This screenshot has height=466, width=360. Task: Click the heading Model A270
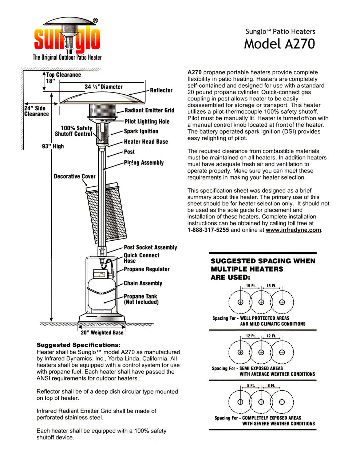click(x=279, y=44)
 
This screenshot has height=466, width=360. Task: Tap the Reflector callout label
click(x=161, y=90)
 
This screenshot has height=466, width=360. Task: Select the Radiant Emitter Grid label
click(x=149, y=110)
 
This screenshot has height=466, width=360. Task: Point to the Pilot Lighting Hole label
click(x=147, y=122)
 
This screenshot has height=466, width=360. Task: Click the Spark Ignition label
click(x=141, y=131)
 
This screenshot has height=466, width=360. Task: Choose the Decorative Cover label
click(x=75, y=177)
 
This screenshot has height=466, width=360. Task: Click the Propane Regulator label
click(x=147, y=269)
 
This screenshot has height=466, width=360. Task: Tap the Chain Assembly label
click(x=143, y=283)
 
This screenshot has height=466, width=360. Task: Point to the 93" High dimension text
click(x=53, y=146)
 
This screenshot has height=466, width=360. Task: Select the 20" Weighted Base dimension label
click(x=102, y=333)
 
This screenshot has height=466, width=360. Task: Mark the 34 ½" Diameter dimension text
click(x=103, y=87)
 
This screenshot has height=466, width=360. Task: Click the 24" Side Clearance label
click(x=36, y=111)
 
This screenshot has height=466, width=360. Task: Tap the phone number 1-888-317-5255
click(x=208, y=230)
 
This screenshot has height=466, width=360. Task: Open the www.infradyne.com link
click(x=293, y=230)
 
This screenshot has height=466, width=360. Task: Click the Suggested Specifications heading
click(x=78, y=345)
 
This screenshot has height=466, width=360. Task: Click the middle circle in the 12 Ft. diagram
click(x=261, y=352)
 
